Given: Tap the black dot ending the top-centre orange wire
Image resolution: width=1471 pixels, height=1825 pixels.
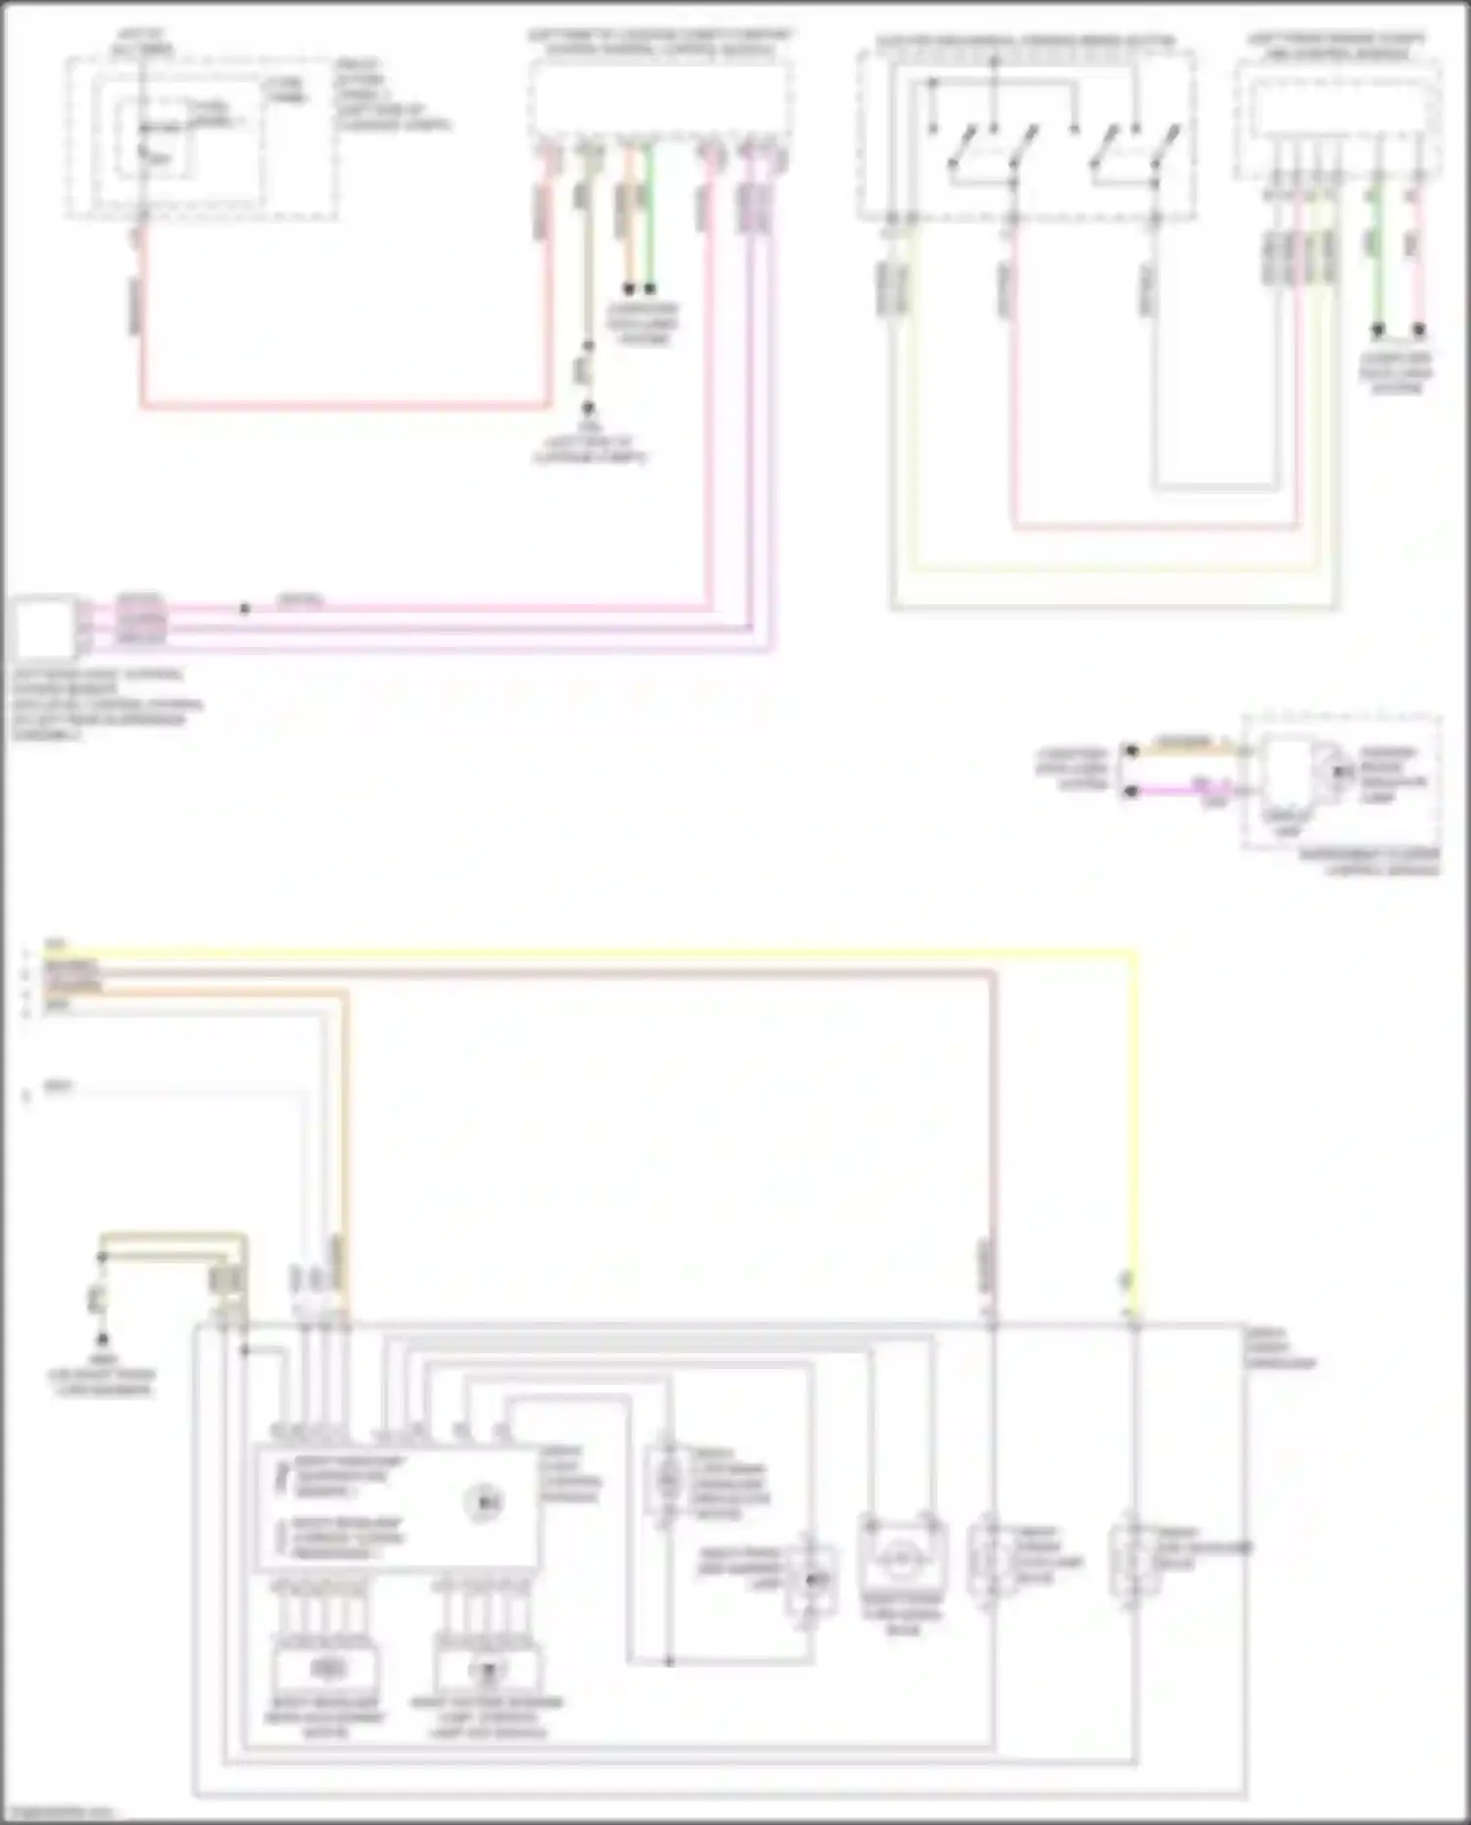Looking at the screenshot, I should pyautogui.click(x=630, y=289).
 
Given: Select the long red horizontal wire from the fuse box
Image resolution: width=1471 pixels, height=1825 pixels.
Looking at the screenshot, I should pyautogui.click(x=343, y=405).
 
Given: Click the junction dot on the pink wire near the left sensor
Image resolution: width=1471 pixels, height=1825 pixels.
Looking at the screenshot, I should pyautogui.click(x=244, y=609).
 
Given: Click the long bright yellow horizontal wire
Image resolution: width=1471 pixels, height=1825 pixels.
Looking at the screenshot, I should pyautogui.click(x=588, y=951).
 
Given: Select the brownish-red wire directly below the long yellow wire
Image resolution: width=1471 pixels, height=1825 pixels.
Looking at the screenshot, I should pyautogui.click(x=588, y=973).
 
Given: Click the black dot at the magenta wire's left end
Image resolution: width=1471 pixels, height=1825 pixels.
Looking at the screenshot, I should pyautogui.click(x=1131, y=790).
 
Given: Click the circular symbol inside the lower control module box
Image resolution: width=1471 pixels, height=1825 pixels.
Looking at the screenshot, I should pyautogui.click(x=483, y=1501).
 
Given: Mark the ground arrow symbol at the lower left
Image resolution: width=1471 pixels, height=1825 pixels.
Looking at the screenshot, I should pyautogui.click(x=101, y=1340).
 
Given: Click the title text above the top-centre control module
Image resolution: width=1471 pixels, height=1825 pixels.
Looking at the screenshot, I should pyautogui.click(x=660, y=42).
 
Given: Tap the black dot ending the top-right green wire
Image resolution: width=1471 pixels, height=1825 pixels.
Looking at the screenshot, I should pyautogui.click(x=1378, y=330).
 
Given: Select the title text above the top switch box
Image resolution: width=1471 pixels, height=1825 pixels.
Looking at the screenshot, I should pyautogui.click(x=1025, y=42).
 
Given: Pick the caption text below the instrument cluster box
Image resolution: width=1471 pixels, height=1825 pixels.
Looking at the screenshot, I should pyautogui.click(x=1369, y=862).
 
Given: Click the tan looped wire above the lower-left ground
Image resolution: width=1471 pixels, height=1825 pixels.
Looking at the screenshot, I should pyautogui.click(x=172, y=1238).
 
